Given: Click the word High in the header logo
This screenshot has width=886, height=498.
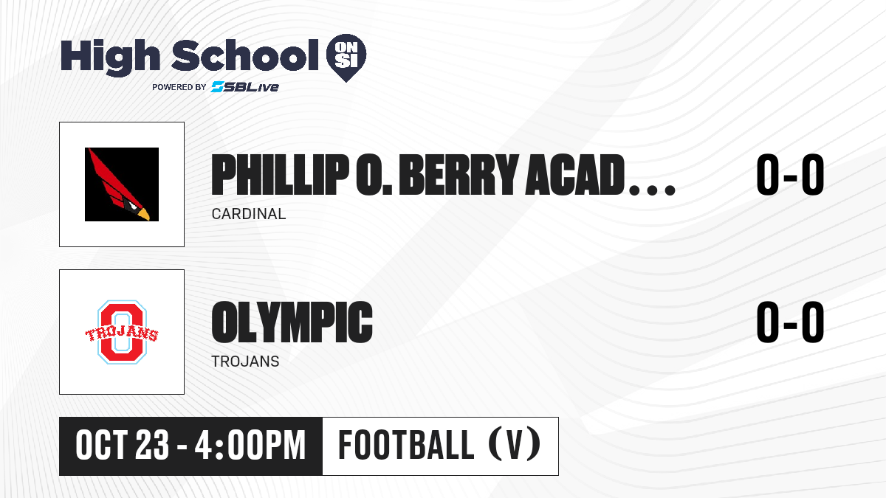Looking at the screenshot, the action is (x=110, y=57).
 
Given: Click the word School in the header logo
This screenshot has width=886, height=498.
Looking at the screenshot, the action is (x=245, y=55).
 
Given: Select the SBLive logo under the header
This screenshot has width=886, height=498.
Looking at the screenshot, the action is (x=245, y=86).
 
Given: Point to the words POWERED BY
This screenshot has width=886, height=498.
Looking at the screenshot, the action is (x=179, y=87).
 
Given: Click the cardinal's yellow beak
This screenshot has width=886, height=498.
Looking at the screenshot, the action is (x=143, y=214).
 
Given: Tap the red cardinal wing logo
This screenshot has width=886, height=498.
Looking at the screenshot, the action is (x=122, y=184).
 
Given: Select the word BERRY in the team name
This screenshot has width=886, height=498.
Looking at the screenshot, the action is (x=459, y=175).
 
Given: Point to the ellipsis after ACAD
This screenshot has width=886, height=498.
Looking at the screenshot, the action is (x=652, y=190).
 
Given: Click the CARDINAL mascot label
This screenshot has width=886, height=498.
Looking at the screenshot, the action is (x=249, y=214).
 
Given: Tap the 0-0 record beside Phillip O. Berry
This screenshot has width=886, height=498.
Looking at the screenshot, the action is (x=790, y=174).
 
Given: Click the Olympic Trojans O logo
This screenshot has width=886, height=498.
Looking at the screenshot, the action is (x=122, y=332).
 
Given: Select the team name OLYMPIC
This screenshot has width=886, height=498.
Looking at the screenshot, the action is (x=292, y=322).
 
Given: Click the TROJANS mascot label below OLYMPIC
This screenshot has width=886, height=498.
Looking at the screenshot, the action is (x=245, y=362).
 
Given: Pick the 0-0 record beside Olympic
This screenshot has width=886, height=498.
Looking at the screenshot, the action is (x=790, y=322).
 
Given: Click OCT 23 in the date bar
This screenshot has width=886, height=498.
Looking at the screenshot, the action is (x=123, y=446).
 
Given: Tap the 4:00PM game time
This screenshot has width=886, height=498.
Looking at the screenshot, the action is (x=250, y=446).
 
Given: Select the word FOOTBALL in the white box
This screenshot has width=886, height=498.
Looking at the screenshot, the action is (x=406, y=445).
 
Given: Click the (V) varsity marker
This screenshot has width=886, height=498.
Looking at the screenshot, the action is (x=515, y=445).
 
